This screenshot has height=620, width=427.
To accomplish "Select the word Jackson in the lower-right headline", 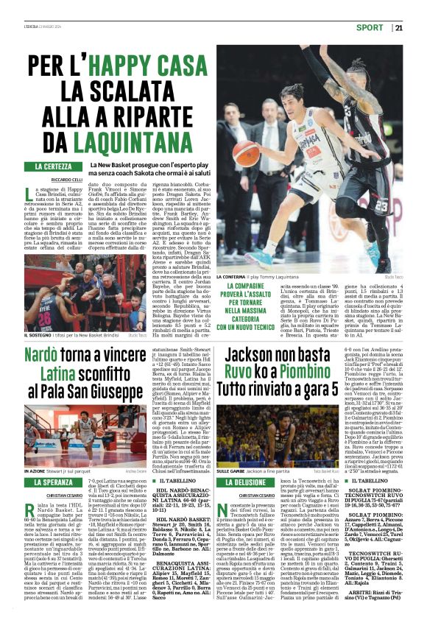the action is coord(262,353).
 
